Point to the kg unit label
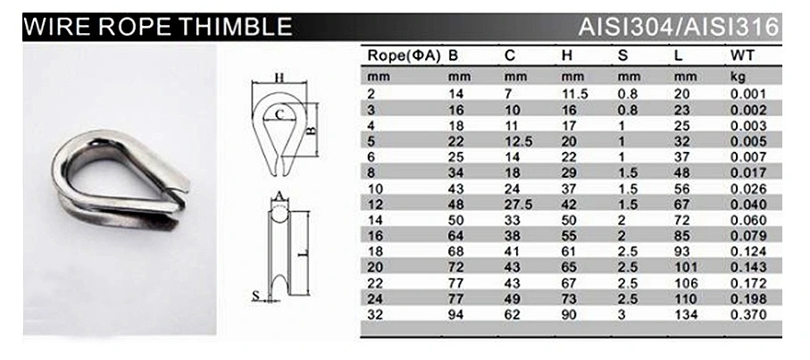coord(738,77)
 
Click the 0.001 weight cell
coord(747,93)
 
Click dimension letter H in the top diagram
coord(279,78)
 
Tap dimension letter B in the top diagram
coord(312,130)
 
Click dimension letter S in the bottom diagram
coord(255,294)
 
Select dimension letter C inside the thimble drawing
coord(279,113)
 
